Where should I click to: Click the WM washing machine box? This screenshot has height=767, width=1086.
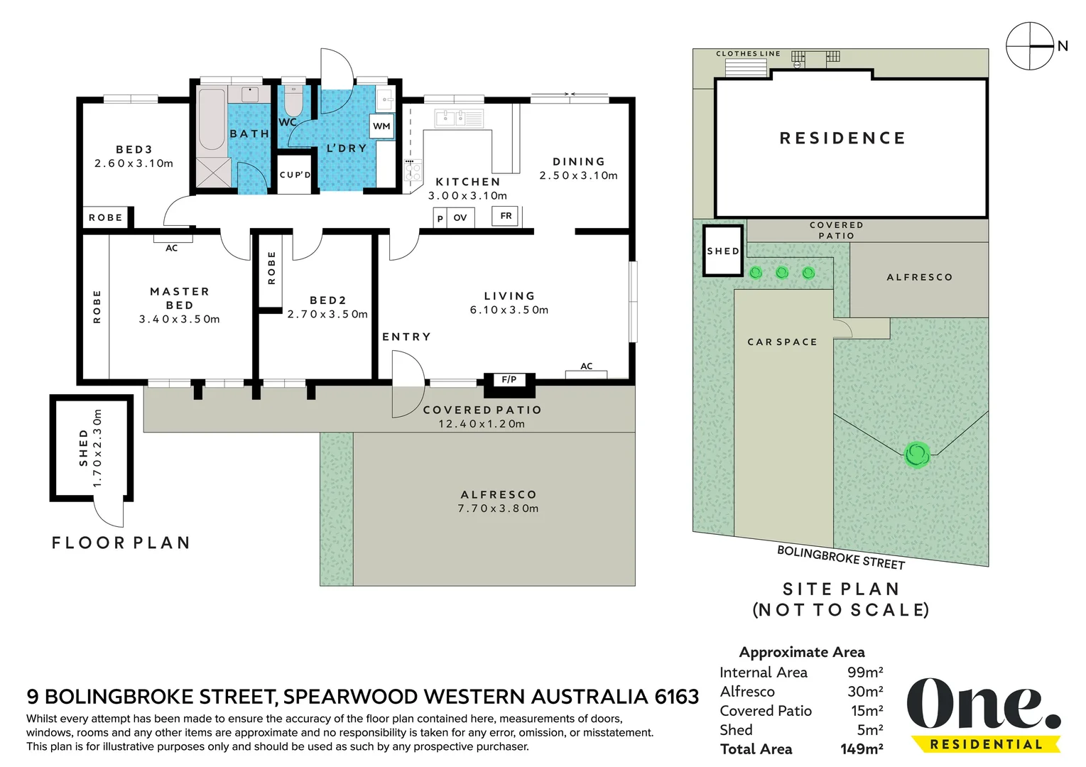[381, 126]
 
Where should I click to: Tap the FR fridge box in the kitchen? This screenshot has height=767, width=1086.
[505, 216]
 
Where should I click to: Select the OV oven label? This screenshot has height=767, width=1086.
[460, 218]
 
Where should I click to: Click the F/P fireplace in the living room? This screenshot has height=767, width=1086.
[509, 380]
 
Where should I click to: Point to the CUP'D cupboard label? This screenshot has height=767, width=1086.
[295, 175]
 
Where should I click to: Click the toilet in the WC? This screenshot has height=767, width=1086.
[293, 100]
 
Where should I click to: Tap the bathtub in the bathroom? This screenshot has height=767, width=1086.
[212, 119]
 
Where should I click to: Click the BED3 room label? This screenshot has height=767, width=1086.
[134, 149]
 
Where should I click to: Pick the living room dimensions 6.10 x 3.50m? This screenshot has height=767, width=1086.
[509, 310]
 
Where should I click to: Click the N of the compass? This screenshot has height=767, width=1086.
[1063, 46]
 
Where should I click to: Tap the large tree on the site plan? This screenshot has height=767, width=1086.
[917, 455]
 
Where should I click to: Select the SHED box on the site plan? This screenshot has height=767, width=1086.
[723, 251]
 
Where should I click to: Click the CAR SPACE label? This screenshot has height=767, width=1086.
[782, 342]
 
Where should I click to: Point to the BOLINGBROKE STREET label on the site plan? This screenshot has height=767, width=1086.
[841, 557]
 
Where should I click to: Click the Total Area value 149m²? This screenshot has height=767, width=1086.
[862, 749]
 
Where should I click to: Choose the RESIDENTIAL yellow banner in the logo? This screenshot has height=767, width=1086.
[986, 744]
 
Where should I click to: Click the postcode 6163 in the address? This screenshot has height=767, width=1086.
[677, 697]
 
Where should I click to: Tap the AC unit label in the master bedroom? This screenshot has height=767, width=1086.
[172, 249]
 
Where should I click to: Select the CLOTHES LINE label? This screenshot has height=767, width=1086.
[748, 54]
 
